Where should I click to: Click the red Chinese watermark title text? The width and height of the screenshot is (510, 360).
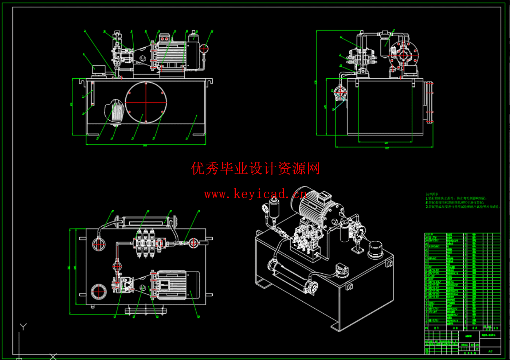tap(255, 169)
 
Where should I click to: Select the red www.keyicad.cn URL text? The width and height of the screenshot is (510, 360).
tap(255, 194)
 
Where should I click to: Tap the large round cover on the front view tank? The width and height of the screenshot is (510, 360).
tap(146, 102)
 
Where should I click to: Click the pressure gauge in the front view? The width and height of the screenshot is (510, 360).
tap(204, 48)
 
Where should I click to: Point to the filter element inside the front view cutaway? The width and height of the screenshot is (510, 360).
tap(117, 112)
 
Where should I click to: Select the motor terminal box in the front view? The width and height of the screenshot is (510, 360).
tap(165, 38)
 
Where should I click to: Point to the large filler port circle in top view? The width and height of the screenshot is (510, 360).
tap(98, 291)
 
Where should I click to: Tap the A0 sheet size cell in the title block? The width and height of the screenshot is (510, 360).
tap(490, 351)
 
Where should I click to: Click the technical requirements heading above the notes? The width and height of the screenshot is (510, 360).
tap(432, 194)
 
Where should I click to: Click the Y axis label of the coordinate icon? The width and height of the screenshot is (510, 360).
tap(23, 326)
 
